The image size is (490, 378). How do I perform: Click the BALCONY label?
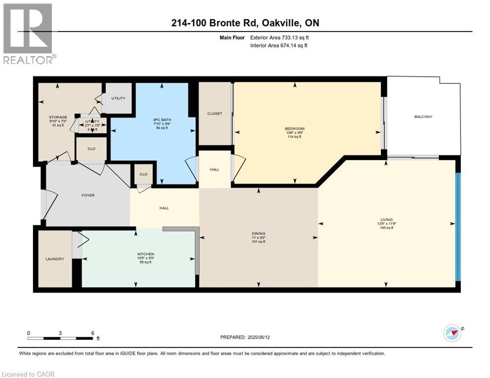coord(423,117)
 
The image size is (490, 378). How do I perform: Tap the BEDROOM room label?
coord(295,128)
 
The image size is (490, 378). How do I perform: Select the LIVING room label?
coord(386,220)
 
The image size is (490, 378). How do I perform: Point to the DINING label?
coord(258,233)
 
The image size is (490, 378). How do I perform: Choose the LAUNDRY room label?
coord(55,259)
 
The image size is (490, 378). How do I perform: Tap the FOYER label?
coord(88,195)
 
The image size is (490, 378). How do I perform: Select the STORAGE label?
coord(58,117)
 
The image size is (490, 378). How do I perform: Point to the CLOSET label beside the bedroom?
coord(214,114)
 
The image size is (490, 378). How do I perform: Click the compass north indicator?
coord(452,333)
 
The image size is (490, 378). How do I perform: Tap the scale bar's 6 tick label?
coord(93,333)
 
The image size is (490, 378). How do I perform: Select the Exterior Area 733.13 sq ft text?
coord(280,37)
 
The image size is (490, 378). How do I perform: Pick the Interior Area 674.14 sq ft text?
coord(279,46)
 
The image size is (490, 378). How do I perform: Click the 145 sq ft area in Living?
coord(385,228)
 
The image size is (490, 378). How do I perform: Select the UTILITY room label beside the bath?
coord(118,98)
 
